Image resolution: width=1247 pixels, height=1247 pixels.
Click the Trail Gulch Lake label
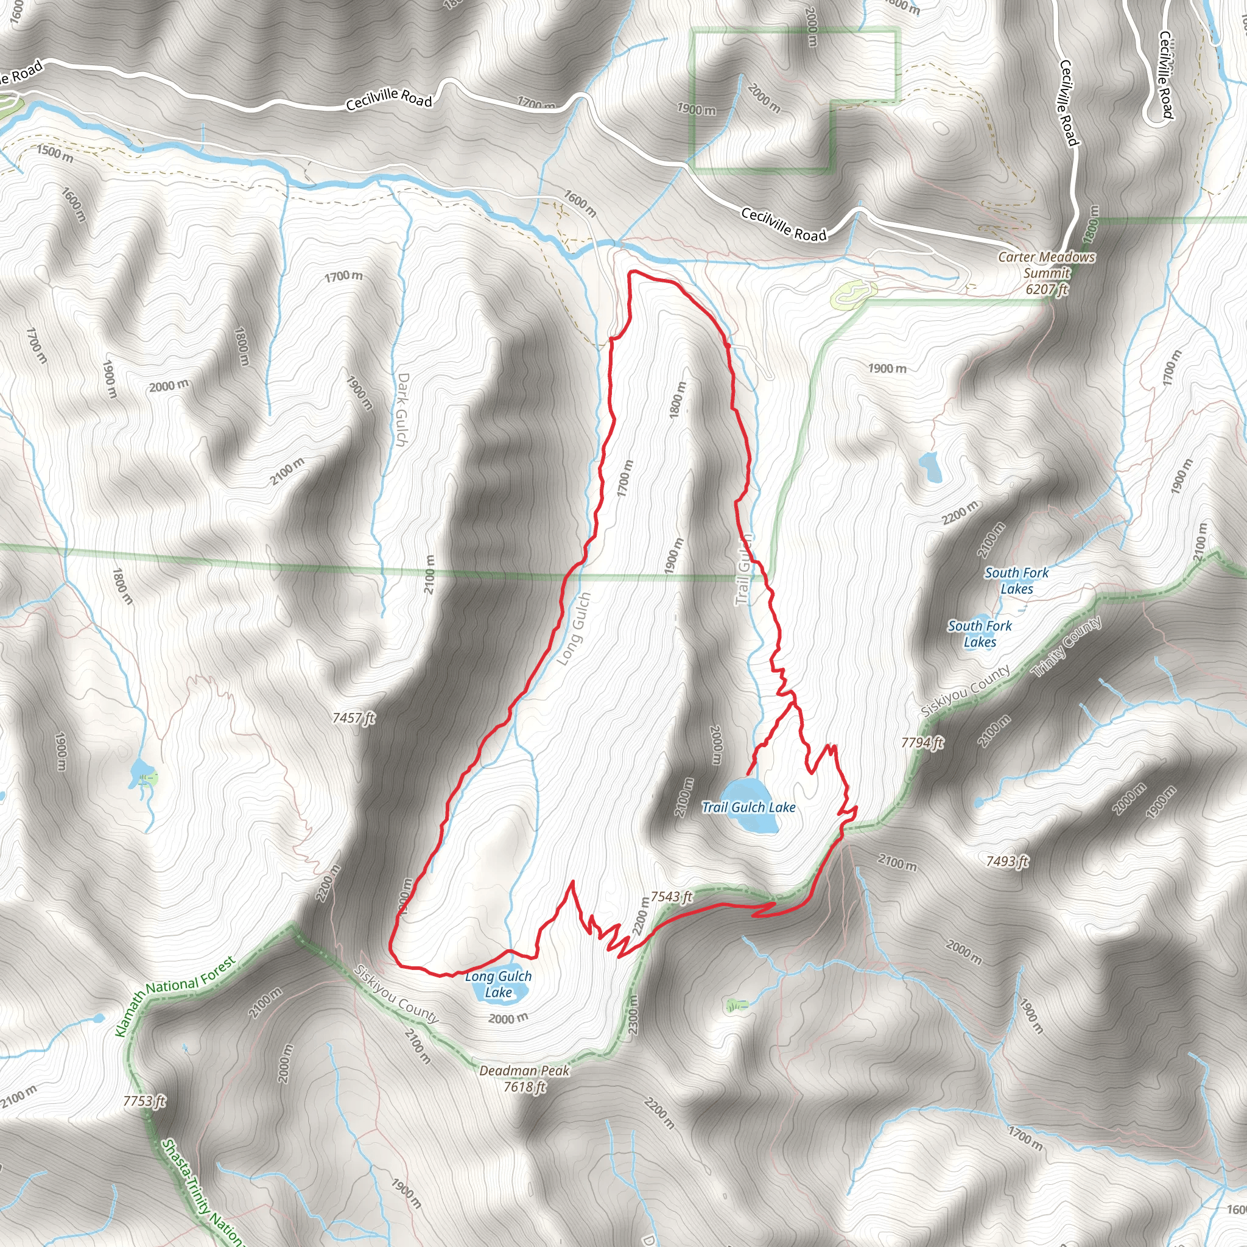(x=748, y=807)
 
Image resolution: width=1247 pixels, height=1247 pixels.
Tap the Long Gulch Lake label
(x=498, y=985)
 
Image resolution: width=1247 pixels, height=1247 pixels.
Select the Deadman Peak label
(x=524, y=1071)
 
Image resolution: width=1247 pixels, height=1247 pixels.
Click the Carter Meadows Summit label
(x=1046, y=265)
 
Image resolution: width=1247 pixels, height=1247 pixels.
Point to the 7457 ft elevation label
(x=354, y=718)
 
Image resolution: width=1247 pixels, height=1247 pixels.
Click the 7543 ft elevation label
(x=671, y=896)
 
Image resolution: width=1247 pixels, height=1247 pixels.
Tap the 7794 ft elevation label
(x=922, y=743)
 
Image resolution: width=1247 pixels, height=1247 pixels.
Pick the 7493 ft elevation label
(x=1007, y=861)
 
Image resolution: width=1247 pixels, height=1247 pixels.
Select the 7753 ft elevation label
(x=144, y=1101)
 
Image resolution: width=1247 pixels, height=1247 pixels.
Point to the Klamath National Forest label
(x=175, y=997)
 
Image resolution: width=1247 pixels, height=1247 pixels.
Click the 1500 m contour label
(x=55, y=153)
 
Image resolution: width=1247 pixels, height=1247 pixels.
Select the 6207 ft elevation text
(x=1046, y=289)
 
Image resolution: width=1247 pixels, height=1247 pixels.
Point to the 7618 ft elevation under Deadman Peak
(x=524, y=1087)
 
